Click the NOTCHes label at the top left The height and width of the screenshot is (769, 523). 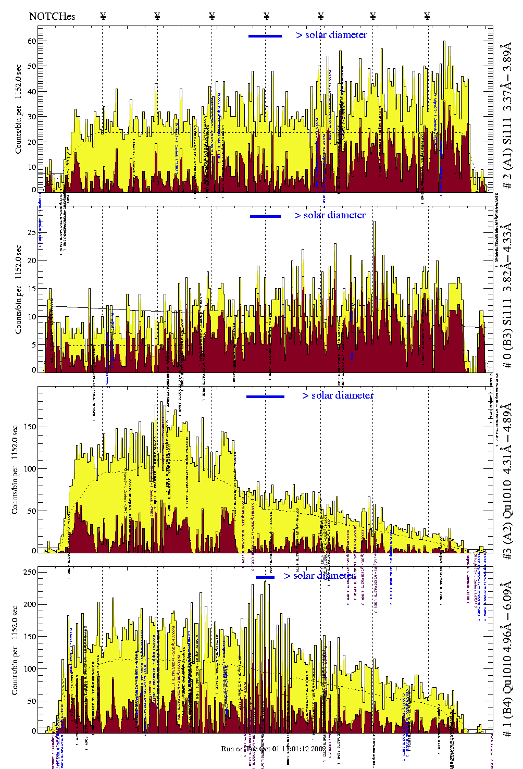coord(52,16)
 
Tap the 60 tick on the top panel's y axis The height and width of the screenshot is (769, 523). coord(32,41)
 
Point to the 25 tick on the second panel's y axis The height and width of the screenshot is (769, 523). coord(32,233)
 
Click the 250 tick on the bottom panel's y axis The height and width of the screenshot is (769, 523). coord(29,572)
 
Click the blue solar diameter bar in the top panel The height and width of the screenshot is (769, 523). coord(265,36)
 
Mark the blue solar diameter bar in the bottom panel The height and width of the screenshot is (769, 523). coord(265,577)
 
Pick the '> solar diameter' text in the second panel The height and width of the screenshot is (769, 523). coord(330,215)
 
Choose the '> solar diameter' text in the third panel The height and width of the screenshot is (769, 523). coord(338,395)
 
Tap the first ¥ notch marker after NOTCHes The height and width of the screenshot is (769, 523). coord(103,16)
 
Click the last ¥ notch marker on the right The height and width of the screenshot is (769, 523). coord(427,16)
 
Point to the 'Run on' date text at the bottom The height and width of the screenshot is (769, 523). coord(273,749)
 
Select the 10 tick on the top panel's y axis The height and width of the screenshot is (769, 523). coord(32,167)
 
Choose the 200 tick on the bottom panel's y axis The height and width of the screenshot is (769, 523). coord(29,604)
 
